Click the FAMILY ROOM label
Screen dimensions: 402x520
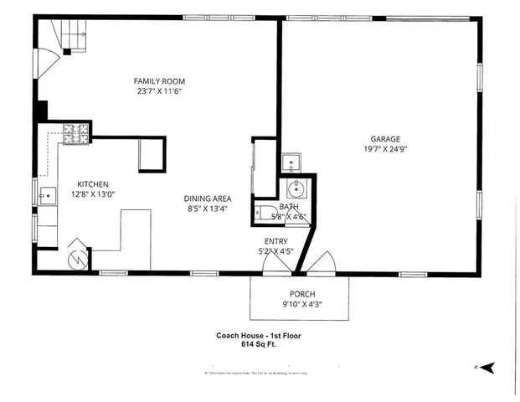click(x=159, y=81)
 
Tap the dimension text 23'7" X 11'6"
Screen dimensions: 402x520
click(x=159, y=91)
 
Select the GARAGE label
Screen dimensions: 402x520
click(x=386, y=139)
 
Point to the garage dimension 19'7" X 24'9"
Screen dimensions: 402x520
click(x=386, y=150)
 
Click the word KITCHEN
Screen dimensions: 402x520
click(x=94, y=184)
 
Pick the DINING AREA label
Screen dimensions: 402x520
click(x=208, y=198)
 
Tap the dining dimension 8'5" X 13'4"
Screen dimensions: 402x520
click(x=208, y=209)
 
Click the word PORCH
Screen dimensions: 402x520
click(x=301, y=294)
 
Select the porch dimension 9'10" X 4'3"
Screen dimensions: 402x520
click(x=301, y=304)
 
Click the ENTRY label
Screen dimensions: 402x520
click(x=276, y=240)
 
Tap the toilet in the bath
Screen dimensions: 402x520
click(x=266, y=212)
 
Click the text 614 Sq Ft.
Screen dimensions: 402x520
click(x=258, y=343)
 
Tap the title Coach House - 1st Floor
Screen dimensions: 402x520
click(x=258, y=334)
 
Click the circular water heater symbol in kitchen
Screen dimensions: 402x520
click(x=76, y=258)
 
